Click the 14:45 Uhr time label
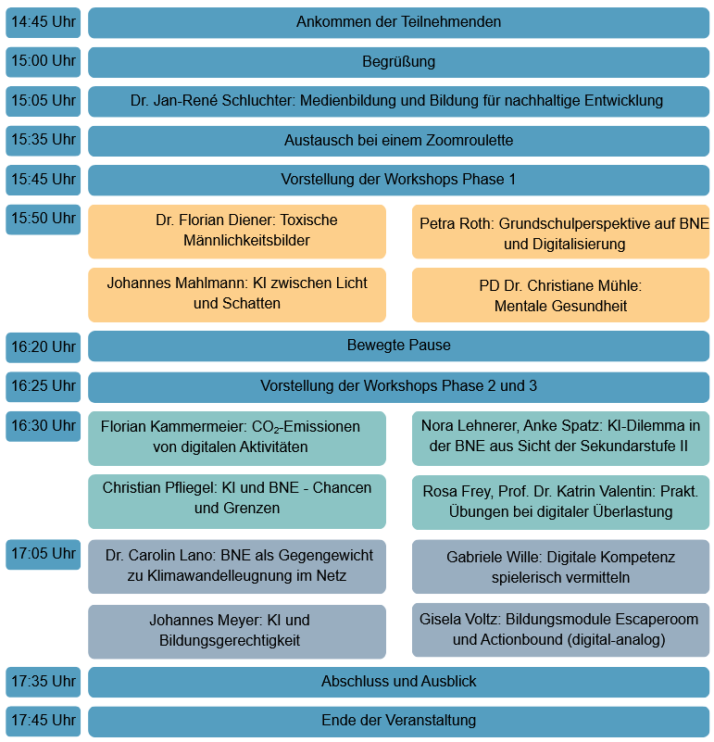coord(43,22)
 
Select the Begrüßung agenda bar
coord(398,62)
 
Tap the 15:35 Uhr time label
coord(43,140)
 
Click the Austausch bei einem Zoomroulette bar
coord(398,141)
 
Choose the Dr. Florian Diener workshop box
coord(237,231)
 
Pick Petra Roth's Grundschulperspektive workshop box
coord(560,233)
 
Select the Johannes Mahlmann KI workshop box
coord(237,294)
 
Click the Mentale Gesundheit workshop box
coord(560,296)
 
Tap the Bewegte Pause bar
coord(398,346)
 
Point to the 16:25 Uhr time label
coord(43,385)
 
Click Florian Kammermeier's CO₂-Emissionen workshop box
coord(237,437)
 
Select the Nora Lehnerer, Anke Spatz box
coord(560,437)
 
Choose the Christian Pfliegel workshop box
coord(237,498)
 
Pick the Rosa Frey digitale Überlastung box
coord(560,501)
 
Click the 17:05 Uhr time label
coord(43,554)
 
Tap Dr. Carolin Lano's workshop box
coord(237,566)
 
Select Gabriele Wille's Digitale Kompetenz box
coord(560,567)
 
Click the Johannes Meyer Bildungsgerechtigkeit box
coord(237,631)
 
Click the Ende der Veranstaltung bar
coord(398,721)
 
